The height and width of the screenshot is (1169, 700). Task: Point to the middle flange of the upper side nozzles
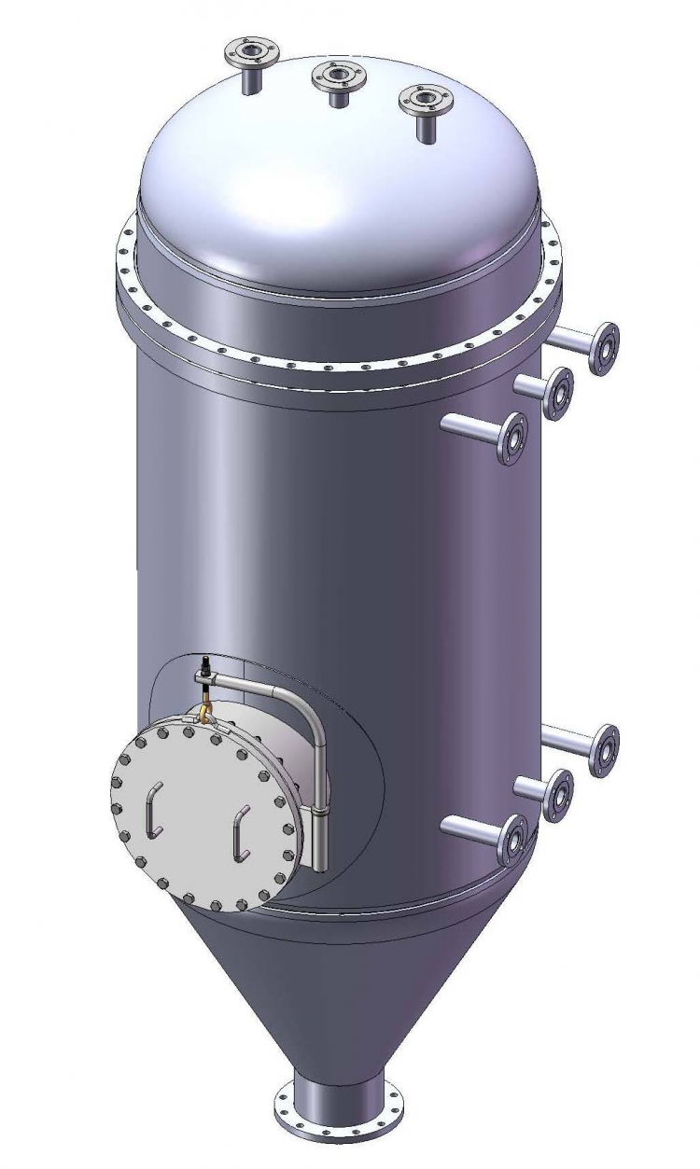tap(558, 393)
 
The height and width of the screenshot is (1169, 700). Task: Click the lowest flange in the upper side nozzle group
tap(512, 438)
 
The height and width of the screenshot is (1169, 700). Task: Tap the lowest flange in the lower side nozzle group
tap(511, 839)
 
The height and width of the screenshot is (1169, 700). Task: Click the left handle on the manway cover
tap(154, 807)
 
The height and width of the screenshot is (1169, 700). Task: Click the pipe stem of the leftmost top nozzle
tap(251, 80)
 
